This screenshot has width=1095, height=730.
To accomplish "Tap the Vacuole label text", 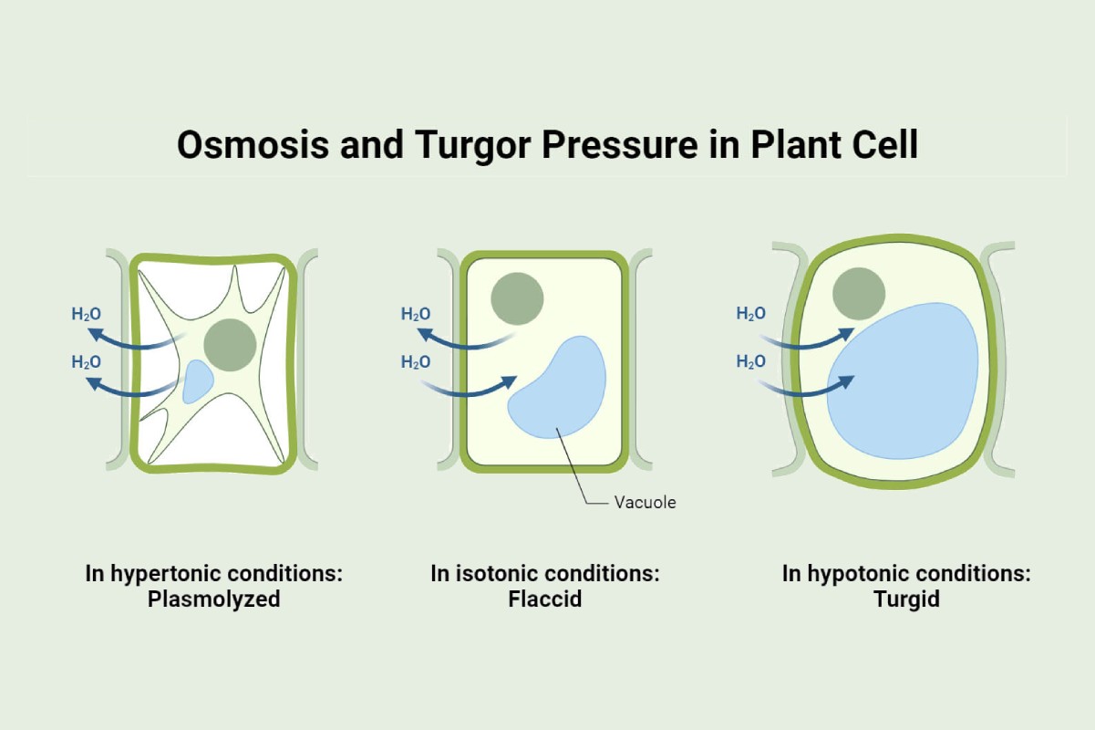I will pyautogui.click(x=646, y=502).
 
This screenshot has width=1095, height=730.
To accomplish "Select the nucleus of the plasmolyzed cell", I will pyautogui.click(x=230, y=345).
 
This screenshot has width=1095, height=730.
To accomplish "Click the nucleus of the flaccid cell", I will pyautogui.click(x=517, y=298).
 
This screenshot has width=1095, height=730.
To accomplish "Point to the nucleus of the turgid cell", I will pyautogui.click(x=859, y=293).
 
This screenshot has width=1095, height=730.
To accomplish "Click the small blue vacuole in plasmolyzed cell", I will pyautogui.click(x=197, y=381).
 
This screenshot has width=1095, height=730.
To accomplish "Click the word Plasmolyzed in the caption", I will pyautogui.click(x=213, y=600).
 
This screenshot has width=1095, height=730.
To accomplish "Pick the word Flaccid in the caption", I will pyautogui.click(x=544, y=600).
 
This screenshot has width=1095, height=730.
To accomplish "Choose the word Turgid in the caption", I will pyautogui.click(x=906, y=600).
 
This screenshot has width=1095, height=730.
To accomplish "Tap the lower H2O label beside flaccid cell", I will pyautogui.click(x=416, y=362).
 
